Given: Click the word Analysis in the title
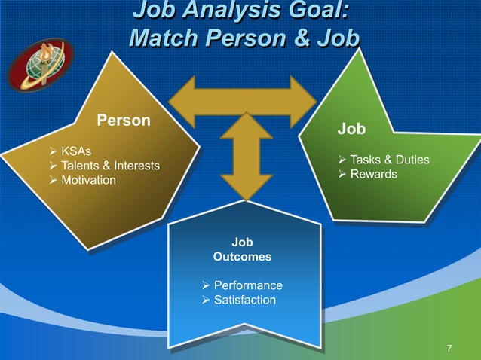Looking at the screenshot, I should tap(228, 13).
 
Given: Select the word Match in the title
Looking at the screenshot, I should tap(163, 38).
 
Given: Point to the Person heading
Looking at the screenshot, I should tap(124, 121).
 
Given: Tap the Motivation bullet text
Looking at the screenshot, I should tap(88, 180).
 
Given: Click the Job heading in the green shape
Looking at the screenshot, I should tap(351, 129).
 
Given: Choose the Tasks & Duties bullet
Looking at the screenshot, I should tap(390, 160).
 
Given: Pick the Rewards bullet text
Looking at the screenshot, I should tap(375, 175).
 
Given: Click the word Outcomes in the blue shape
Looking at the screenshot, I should tap(242, 257).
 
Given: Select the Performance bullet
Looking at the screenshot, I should tap(248, 285).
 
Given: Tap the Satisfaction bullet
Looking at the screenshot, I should tap(244, 301).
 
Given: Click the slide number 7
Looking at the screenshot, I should tap(449, 348).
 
